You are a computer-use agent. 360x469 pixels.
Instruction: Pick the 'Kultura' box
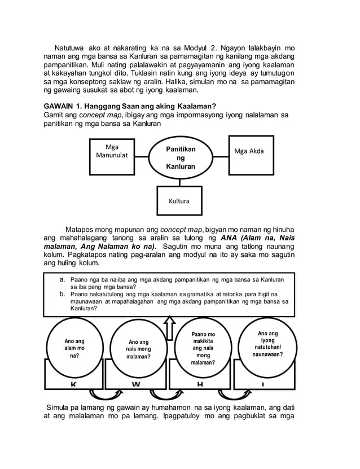pos(179,201)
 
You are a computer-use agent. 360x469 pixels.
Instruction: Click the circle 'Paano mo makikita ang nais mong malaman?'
pos(203,349)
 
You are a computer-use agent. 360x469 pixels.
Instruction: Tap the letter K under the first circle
pos(73,384)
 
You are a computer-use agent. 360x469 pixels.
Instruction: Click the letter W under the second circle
pos(136,384)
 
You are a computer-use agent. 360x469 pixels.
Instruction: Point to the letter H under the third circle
pos(200,384)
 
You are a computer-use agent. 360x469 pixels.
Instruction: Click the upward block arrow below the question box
pos(169,327)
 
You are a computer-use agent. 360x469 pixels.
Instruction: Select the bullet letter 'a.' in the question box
pos(62,279)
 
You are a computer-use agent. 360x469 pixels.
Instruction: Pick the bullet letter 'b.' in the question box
pos(62,294)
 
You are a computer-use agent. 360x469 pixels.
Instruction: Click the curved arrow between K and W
pos(105,393)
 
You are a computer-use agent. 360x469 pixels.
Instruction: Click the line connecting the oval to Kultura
pos(180,182)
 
